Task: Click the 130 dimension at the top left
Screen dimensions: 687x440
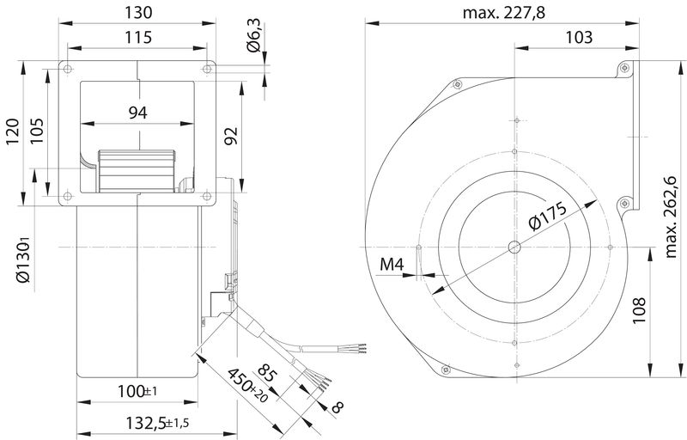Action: [138, 12]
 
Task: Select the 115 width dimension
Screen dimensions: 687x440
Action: [138, 37]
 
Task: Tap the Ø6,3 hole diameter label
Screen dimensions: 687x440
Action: [254, 36]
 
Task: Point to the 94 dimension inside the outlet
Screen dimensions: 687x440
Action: [138, 113]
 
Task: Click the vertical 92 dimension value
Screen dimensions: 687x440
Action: [231, 136]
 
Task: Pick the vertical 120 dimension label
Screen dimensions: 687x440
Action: [12, 131]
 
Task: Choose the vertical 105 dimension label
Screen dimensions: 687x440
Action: [37, 131]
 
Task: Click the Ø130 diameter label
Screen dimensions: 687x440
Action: [23, 260]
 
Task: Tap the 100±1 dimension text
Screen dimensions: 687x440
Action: [137, 391]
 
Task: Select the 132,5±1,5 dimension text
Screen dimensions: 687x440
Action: [157, 423]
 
